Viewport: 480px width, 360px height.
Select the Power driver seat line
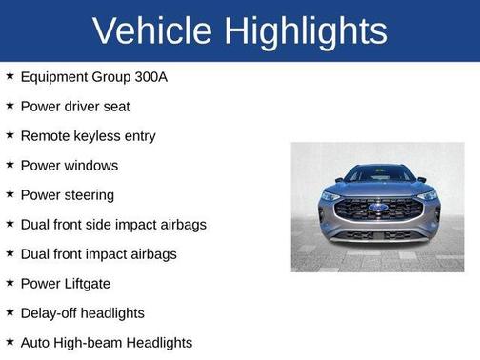[75, 106]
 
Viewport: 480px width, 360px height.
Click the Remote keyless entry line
[88, 135]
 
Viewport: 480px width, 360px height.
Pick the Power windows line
[70, 165]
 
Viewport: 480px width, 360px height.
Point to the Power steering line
[67, 194]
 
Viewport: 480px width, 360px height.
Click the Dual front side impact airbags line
[113, 224]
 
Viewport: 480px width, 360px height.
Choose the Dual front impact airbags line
[98, 253]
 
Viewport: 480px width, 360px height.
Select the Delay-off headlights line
[82, 312]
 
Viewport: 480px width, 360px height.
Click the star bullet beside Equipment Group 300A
[10, 76]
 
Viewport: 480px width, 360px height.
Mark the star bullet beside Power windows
[10, 165]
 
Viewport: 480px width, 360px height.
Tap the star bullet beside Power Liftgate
[10, 283]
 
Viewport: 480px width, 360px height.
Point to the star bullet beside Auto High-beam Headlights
[10, 342]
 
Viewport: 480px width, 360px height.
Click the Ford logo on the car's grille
[378, 206]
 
